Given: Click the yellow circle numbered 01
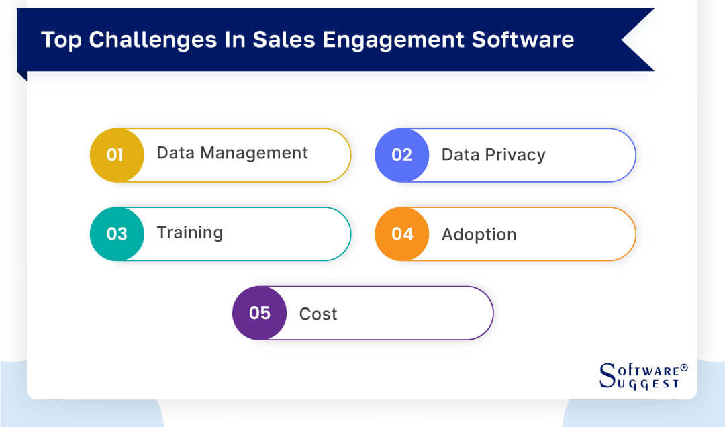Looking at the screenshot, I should coord(116,155).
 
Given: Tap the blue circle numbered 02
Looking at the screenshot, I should coord(401,155).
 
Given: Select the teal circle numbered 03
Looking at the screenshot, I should coord(116,234).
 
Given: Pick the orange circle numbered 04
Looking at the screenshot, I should coord(401,234).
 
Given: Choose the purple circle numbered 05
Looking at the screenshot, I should coord(259,313).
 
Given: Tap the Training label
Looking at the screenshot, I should coord(189,233).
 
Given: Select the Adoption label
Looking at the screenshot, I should coord(479,234).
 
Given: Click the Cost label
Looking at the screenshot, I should coord(318,314).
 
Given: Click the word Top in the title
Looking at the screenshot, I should coord(62,40).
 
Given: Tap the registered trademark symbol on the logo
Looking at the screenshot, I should coord(683,368).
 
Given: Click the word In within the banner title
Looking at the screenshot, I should coord(234,40).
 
